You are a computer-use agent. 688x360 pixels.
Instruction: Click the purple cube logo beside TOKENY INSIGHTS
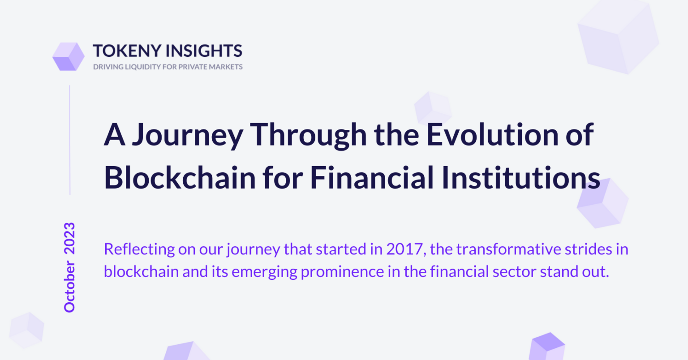(69, 56)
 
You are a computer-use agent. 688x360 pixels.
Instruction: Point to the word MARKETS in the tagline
(226, 67)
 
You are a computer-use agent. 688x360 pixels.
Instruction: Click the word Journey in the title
(188, 136)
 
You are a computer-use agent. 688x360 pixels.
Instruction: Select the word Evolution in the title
(493, 134)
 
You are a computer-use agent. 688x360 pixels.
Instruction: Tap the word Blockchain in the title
(180, 178)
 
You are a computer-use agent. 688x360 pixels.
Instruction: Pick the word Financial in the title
(372, 178)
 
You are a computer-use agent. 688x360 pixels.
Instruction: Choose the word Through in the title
(308, 136)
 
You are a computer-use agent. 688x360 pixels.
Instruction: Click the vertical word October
(69, 287)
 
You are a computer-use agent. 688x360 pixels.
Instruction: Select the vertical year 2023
(69, 238)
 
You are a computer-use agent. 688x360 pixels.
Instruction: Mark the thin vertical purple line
(70, 140)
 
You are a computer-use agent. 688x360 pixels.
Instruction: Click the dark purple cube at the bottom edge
(548, 346)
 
